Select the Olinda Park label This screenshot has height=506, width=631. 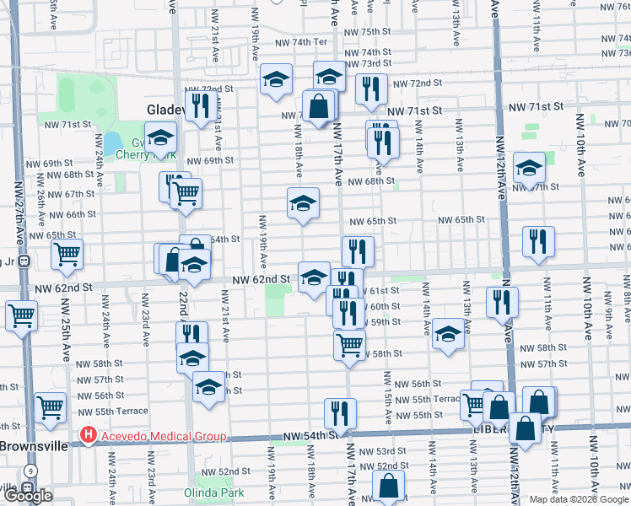pyautogui.click(x=221, y=492)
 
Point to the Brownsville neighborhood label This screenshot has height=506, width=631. pyautogui.click(x=32, y=446)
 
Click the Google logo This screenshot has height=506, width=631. pyautogui.click(x=27, y=496)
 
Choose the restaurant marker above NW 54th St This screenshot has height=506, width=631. pyautogui.click(x=340, y=412)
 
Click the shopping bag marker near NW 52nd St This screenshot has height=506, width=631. pyautogui.click(x=388, y=486)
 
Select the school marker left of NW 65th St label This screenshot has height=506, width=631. pyautogui.click(x=303, y=203)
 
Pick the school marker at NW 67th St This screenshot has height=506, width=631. pyautogui.click(x=529, y=169)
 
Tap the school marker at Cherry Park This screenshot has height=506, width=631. pyautogui.click(x=160, y=137)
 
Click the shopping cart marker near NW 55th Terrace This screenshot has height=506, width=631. pyautogui.click(x=51, y=407)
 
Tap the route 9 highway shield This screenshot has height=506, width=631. pyautogui.click(x=30, y=471)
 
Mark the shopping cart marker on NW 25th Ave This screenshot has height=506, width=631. pyautogui.click(x=67, y=254)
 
